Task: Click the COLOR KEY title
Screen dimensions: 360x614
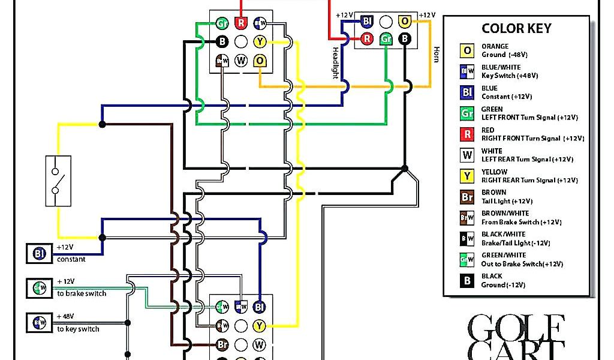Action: coord(516,29)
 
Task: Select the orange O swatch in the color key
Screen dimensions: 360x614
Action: coord(467,50)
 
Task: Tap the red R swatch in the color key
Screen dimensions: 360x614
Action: coord(467,134)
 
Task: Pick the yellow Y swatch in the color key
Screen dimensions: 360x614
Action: coord(467,176)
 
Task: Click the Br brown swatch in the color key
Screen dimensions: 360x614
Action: coord(467,197)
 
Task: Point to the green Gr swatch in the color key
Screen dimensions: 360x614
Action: coord(467,113)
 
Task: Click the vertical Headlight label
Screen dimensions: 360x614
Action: coord(335,63)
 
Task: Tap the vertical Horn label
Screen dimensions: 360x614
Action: coord(437,54)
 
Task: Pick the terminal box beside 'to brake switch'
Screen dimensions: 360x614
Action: coord(36,288)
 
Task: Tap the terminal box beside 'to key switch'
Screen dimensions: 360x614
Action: coord(36,323)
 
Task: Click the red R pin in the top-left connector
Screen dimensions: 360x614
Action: coord(240,23)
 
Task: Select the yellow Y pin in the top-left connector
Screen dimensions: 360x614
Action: coord(259,41)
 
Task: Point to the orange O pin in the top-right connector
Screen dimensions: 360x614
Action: coord(405,21)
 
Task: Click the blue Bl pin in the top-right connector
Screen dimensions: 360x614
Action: coord(367,21)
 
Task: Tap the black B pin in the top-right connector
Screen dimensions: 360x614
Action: coord(405,39)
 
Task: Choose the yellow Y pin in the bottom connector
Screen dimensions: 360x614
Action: coord(259,326)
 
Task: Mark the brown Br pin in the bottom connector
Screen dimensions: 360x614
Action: coord(222,345)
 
